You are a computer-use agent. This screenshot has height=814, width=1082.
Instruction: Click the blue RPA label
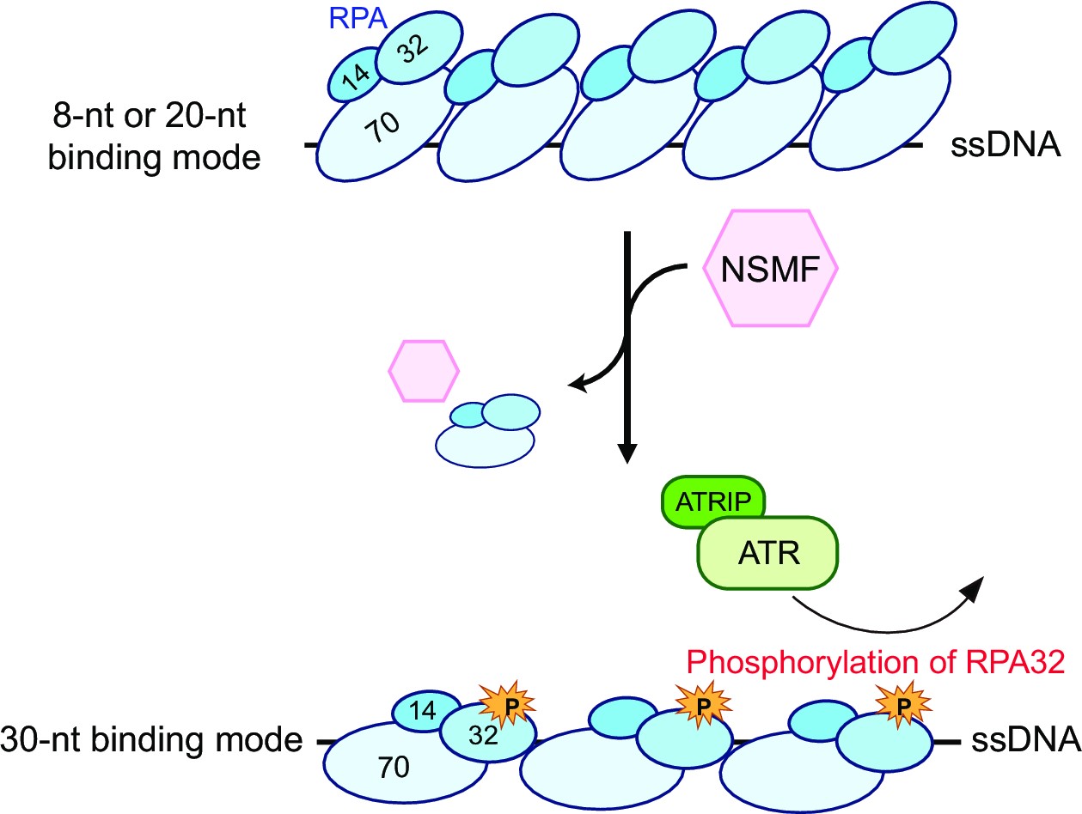tap(358, 19)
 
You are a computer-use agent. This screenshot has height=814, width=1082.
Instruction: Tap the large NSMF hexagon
tap(770, 269)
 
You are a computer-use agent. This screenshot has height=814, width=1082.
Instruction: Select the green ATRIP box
tap(712, 501)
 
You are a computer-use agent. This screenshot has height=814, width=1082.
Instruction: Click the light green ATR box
tap(767, 553)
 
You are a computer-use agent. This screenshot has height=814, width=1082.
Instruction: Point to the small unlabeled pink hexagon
tap(424, 371)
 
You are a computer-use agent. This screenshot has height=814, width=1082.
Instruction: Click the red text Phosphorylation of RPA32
tap(876, 662)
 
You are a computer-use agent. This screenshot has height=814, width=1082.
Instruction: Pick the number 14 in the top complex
tap(356, 77)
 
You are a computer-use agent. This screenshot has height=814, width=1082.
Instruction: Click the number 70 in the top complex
tap(381, 126)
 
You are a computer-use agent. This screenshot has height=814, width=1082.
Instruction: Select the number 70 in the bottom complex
tap(394, 768)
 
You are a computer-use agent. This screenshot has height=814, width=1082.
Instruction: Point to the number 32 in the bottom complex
tap(483, 736)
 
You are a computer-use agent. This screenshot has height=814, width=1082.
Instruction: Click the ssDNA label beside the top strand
tap(1006, 145)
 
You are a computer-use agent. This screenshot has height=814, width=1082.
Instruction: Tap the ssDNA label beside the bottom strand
tap(1026, 740)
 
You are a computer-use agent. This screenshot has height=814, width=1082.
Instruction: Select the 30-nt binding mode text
tap(151, 740)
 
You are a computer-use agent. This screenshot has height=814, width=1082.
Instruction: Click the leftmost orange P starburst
tap(507, 705)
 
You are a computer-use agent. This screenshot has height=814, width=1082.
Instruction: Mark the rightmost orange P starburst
tap(903, 705)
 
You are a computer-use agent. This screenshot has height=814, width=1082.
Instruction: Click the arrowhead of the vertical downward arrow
tap(627, 453)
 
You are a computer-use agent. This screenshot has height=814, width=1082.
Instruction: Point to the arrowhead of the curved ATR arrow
tap(973, 588)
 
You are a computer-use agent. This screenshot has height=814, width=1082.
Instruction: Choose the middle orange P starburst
tap(703, 705)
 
